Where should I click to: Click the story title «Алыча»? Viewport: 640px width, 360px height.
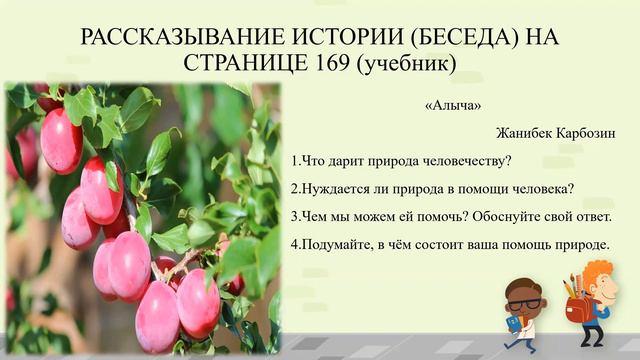[448, 104]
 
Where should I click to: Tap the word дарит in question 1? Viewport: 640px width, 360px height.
[352, 161]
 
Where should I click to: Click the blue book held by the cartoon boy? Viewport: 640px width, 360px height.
[513, 323]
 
